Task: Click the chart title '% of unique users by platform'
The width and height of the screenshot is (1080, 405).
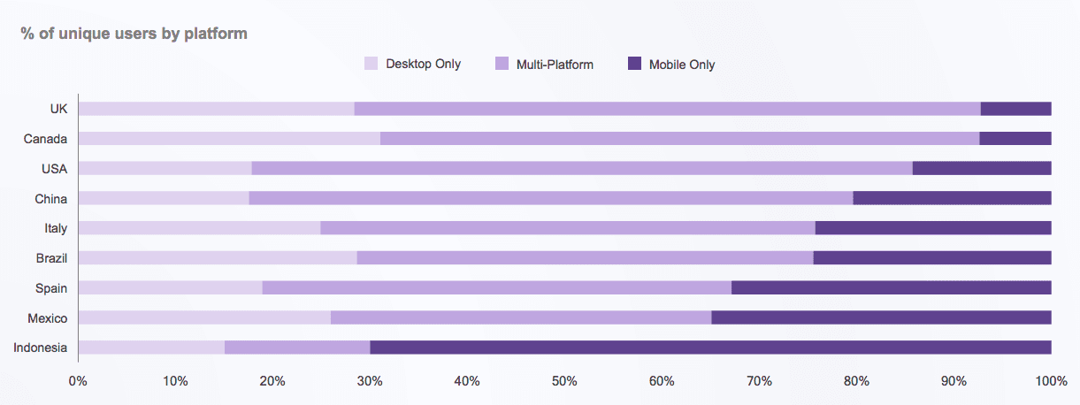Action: tap(134, 34)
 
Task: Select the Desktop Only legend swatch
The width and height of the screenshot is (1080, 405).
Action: tap(371, 64)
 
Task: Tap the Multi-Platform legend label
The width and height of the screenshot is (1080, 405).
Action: tap(555, 64)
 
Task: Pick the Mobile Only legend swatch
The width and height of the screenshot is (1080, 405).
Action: tap(634, 64)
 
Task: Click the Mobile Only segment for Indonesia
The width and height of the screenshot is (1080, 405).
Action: tap(710, 348)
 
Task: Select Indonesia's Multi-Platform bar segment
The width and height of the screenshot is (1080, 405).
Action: tap(297, 348)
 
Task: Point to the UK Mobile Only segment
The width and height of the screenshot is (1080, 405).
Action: tap(1015, 109)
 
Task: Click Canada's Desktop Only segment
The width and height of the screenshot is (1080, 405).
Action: tap(229, 138)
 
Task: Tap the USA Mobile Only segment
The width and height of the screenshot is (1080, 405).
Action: tap(982, 168)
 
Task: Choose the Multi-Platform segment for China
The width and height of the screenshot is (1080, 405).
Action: tap(551, 198)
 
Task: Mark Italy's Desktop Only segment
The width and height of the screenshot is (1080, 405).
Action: tap(199, 228)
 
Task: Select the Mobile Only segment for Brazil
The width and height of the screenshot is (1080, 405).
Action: tap(932, 258)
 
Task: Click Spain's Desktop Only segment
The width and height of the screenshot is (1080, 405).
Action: tap(171, 287)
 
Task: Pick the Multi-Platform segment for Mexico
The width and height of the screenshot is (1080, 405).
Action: tap(521, 317)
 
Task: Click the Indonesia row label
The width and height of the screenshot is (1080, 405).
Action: tap(41, 348)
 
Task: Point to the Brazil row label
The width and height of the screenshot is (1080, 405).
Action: tap(50, 258)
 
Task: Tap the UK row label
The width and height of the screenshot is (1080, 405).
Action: tap(58, 109)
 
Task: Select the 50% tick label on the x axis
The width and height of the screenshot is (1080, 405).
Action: tap(564, 381)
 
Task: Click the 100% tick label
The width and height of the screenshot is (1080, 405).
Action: tap(1050, 381)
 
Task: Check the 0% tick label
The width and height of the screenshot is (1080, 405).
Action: tap(78, 381)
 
